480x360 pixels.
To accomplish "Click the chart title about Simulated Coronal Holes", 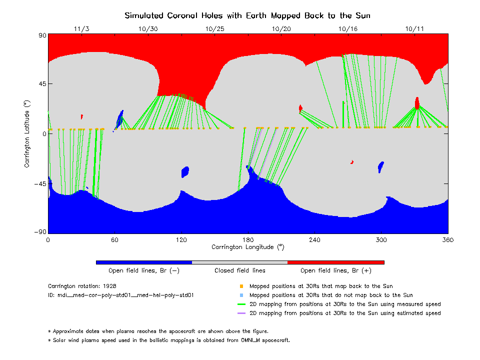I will coord(247,15).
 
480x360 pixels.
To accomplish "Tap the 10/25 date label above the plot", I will coord(214,29).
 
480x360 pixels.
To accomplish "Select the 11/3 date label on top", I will coord(81,29).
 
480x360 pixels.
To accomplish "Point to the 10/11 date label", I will coord(414,29).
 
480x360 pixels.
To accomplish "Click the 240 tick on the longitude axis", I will coord(314,239).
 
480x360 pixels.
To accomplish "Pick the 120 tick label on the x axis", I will coord(181,239).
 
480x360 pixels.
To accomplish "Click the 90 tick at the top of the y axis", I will coord(42,35).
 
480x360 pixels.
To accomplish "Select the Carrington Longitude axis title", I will coord(247,246).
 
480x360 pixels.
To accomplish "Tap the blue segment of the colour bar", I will coord(144,262).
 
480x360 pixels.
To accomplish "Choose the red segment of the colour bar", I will coord(336,262).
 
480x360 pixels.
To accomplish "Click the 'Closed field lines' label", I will coord(240,270).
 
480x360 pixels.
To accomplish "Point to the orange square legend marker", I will coord(241,286).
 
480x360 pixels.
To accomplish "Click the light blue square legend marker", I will coord(241,295).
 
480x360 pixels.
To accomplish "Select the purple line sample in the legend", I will coord(241,313).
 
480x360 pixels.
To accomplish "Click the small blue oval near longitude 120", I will coord(185,172).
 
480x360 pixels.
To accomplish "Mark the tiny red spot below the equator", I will coord(352,162).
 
